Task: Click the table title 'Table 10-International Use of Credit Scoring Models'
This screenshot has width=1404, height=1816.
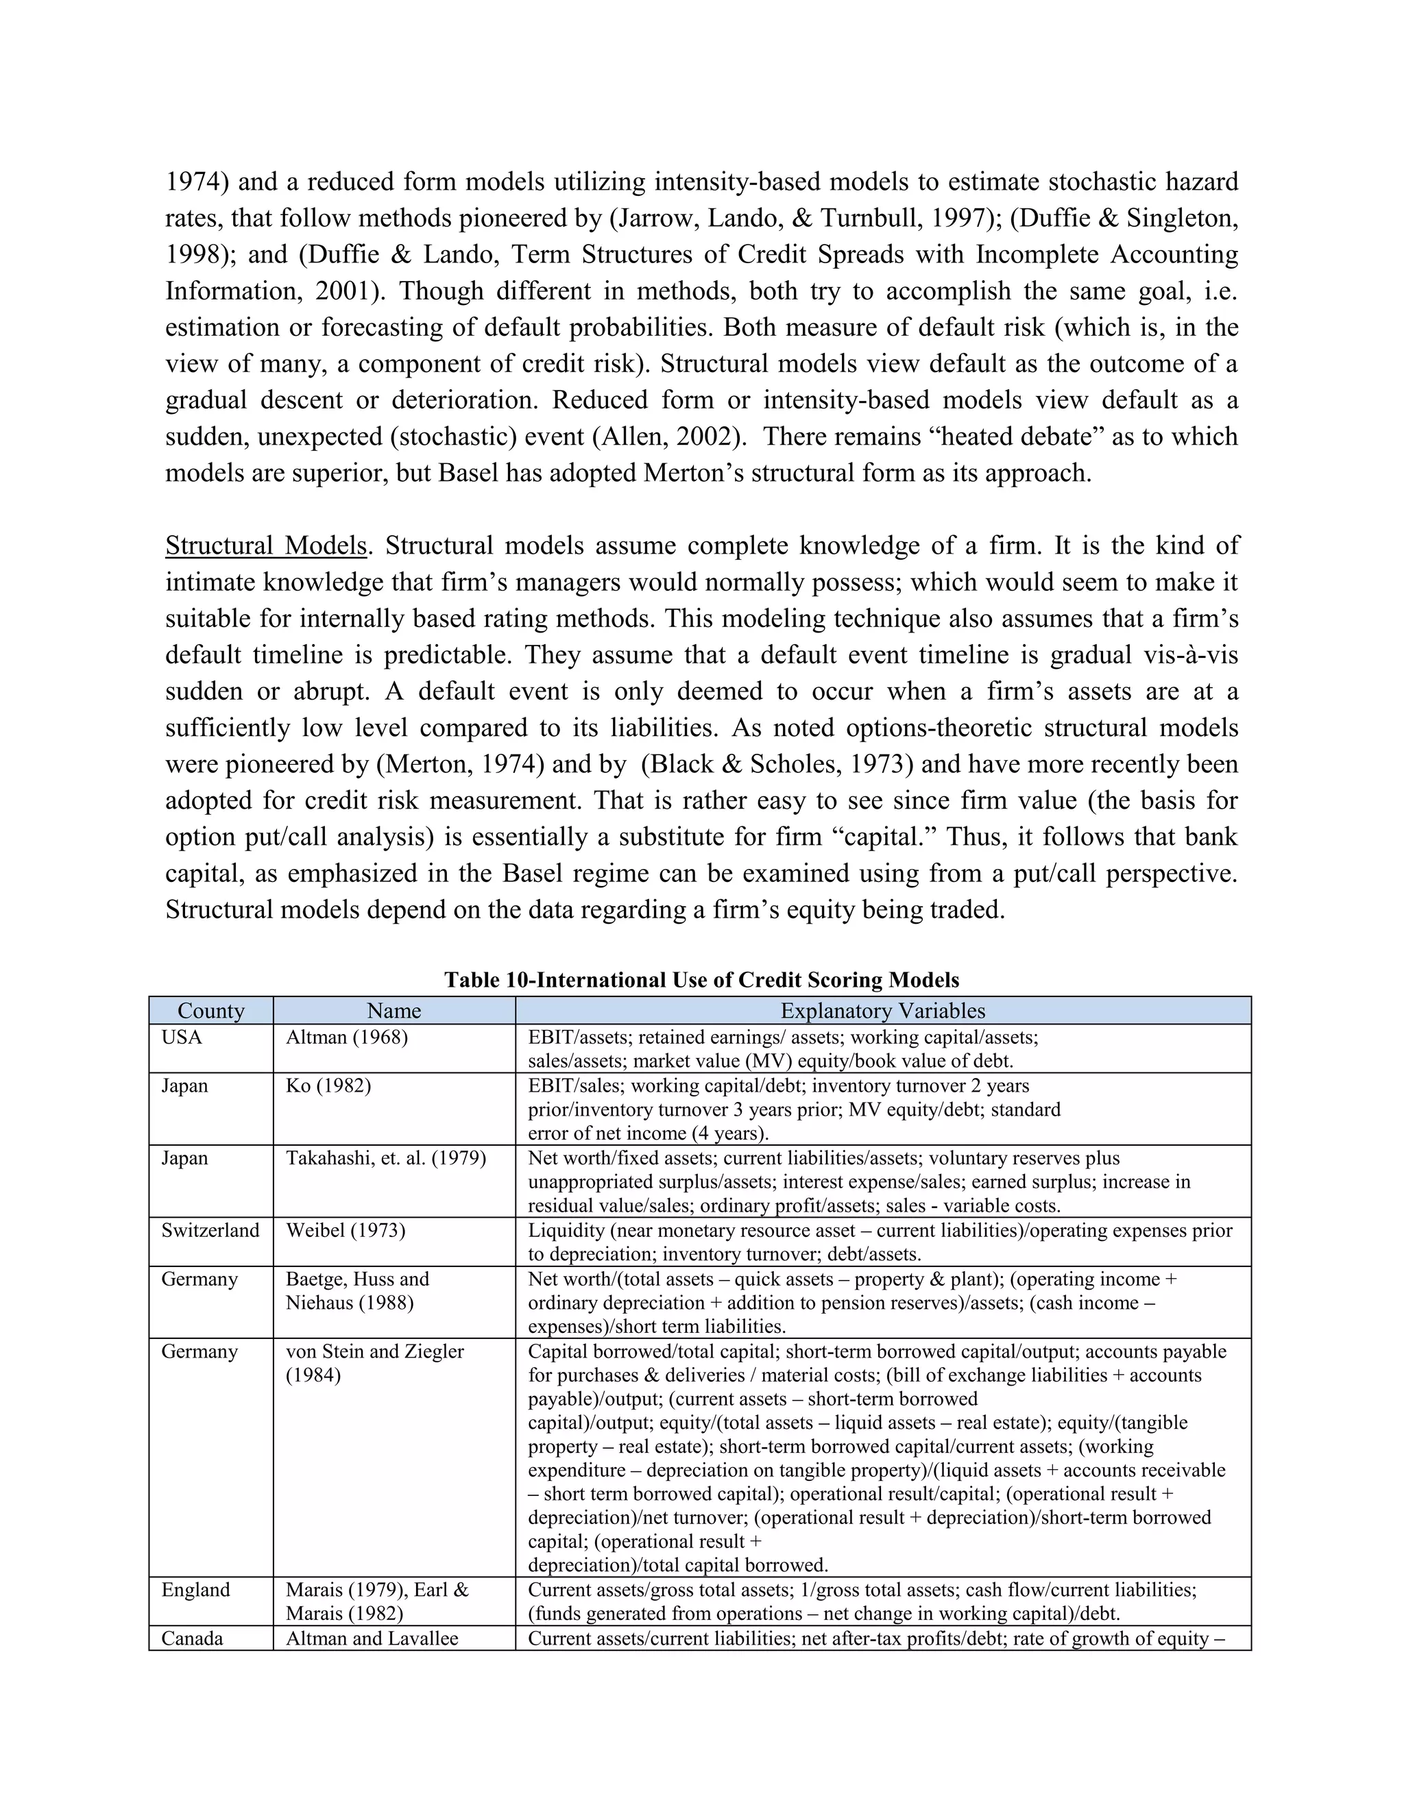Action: [701, 979]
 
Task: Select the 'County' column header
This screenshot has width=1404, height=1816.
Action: [210, 1010]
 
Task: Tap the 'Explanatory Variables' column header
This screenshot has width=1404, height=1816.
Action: [882, 1010]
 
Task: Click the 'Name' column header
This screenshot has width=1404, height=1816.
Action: [394, 1010]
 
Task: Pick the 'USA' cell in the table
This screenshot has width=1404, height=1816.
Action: [182, 1038]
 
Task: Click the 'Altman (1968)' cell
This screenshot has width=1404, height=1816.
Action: [347, 1038]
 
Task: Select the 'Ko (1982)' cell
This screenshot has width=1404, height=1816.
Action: [328, 1086]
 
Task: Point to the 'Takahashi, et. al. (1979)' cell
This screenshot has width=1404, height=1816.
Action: [386, 1158]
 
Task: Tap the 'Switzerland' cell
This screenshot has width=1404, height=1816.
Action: [210, 1231]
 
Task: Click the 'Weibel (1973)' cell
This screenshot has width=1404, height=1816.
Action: [346, 1231]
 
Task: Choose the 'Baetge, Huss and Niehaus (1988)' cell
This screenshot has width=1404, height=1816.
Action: [358, 1290]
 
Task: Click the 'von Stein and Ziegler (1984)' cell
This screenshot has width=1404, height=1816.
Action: [374, 1363]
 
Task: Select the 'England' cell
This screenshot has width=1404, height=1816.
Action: [195, 1590]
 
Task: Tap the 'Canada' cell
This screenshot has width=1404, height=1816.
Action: [192, 1638]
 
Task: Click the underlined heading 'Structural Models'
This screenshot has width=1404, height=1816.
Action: [266, 545]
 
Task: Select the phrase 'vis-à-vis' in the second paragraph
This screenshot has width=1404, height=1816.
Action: [1185, 655]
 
